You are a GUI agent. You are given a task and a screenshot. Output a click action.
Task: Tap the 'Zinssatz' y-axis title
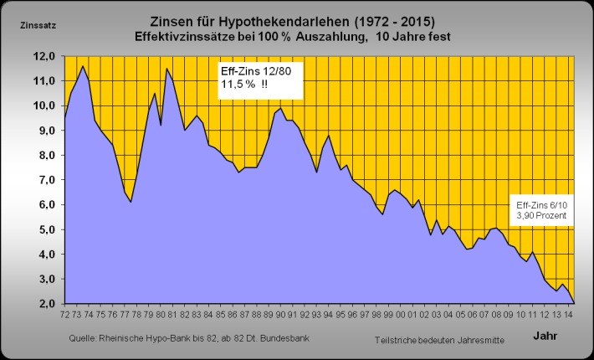pos(37,24)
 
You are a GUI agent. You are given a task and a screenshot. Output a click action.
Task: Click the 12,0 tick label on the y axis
pos(44,56)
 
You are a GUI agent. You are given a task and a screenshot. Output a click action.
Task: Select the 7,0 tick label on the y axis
pos(44,180)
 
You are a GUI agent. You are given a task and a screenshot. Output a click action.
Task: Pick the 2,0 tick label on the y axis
pos(44,304)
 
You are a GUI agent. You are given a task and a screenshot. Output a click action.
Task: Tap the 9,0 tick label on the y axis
pos(44,131)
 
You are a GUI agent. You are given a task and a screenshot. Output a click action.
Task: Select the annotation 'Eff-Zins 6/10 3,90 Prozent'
pos(541,210)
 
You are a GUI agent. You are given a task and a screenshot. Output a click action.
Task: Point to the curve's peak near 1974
pos(82,66)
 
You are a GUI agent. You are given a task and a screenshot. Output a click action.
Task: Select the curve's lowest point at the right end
pos(574,302)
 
